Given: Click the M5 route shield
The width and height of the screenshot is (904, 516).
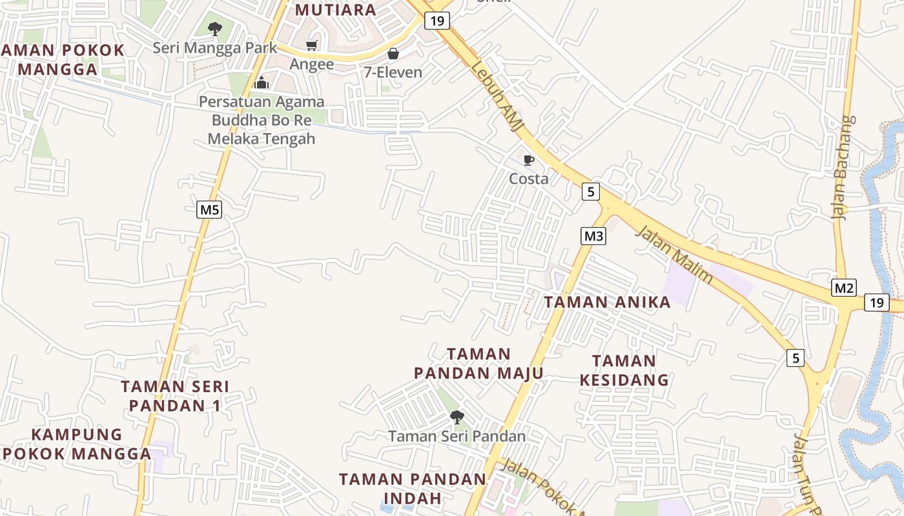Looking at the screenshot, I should coord(209,210).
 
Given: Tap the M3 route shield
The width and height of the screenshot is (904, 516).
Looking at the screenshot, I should coord(593,236).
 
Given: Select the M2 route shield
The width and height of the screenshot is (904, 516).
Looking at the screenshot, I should coord(843,288).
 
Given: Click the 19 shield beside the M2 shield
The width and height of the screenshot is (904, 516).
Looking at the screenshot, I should coord(876,303).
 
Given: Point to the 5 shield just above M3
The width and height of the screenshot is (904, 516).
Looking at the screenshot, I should coord(590,192).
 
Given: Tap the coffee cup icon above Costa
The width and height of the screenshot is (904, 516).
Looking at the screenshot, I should coord(529,160).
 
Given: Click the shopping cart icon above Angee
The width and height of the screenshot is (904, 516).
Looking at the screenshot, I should coord(312,45).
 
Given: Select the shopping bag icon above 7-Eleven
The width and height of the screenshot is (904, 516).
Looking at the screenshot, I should coord(393,54).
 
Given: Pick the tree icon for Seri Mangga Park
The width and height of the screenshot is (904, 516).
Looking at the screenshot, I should coord(215,28).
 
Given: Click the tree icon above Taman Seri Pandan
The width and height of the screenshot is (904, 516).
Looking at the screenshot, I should coord(457,417).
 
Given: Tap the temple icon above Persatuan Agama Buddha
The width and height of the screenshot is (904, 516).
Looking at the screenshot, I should coord(262,83).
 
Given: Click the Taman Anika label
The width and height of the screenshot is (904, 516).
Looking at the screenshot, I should coord(607,302).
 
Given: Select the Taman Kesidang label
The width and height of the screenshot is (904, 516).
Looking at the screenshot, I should coord(624,370).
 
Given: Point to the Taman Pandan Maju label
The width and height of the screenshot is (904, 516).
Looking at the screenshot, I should coord(478,364).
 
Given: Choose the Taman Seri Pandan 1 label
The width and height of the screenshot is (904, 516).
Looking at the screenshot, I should coord(175,396).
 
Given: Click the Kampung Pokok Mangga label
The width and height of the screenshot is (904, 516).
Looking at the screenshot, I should coord(77,444).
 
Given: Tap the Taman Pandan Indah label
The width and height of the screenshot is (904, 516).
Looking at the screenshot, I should coord(413,488).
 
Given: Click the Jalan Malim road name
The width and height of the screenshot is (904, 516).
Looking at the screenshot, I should coord(675,254).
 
